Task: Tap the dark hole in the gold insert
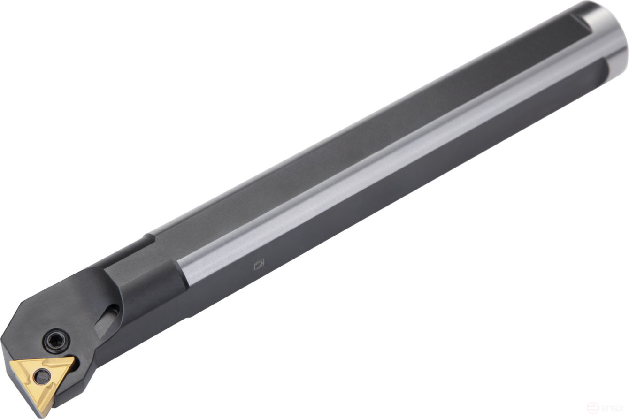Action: click(42, 376)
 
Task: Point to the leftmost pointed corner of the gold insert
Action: click(10, 362)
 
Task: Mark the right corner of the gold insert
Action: click(75, 358)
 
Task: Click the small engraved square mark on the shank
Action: click(259, 265)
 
